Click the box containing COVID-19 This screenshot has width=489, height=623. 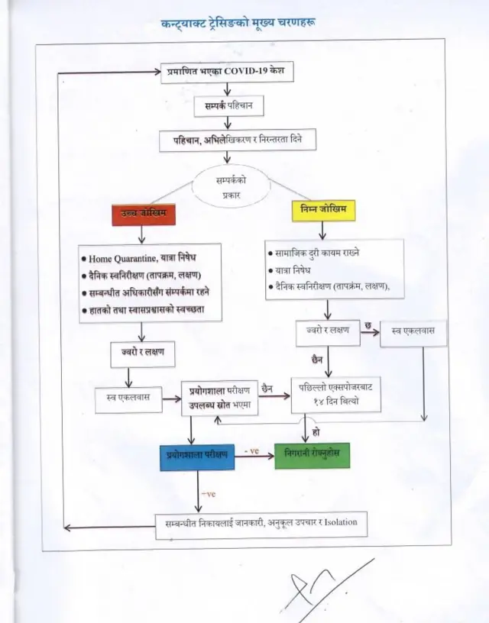coord(226,73)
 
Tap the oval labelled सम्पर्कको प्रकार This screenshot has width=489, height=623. coord(232,189)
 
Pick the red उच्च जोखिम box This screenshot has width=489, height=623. coord(144,213)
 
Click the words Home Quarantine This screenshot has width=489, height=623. coord(123,259)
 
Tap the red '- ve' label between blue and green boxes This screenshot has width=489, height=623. coord(251,452)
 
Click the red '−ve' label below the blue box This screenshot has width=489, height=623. coord(208,494)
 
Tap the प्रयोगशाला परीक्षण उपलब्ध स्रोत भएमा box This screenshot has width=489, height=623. coord(219,397)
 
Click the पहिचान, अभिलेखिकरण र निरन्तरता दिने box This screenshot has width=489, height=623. coord(237,140)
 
